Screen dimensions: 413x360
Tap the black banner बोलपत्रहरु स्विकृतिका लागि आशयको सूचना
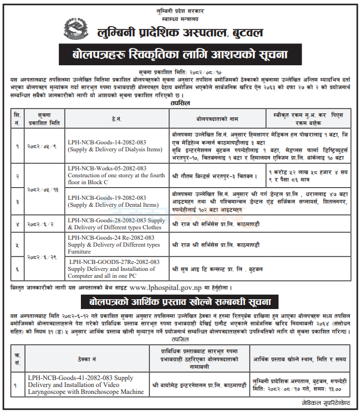click(180, 55)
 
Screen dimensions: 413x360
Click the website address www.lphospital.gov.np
click(177, 287)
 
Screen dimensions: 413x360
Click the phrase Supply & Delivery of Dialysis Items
click(114, 149)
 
